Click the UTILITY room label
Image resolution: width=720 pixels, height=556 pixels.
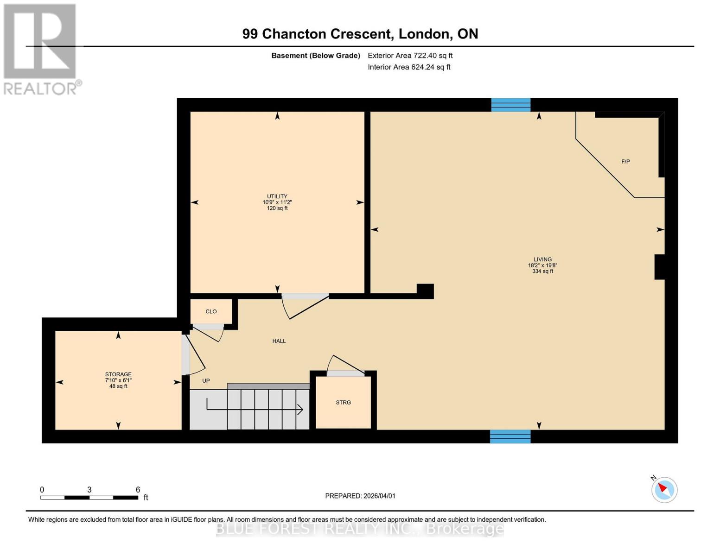coord(277,196)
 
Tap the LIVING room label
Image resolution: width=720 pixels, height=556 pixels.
coord(542,259)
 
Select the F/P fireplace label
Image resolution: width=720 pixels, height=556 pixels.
coord(625,162)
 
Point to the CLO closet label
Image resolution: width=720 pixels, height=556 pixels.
coord(211,311)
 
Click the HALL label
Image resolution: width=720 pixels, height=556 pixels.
coord(279,341)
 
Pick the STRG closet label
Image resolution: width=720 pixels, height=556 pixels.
coord(343,402)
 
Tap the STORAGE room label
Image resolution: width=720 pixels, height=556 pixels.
coord(118,374)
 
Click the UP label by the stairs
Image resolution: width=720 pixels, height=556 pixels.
coord(206,381)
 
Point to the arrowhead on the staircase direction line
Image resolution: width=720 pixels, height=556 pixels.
coord(300,410)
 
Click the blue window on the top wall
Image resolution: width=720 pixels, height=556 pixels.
coord(510,105)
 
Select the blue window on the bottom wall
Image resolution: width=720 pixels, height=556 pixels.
coord(510,436)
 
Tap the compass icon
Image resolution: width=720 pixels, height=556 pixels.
coord(664,490)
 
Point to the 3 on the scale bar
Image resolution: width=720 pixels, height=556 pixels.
coord(89,490)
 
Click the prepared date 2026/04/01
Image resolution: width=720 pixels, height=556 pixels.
coord(379,496)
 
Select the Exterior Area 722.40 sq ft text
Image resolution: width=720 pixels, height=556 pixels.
coord(410,56)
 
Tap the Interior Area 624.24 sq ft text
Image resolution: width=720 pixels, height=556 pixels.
coord(409,67)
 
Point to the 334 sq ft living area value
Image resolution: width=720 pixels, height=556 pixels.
coord(542,271)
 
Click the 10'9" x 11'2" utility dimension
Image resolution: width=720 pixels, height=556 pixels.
coord(277,202)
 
